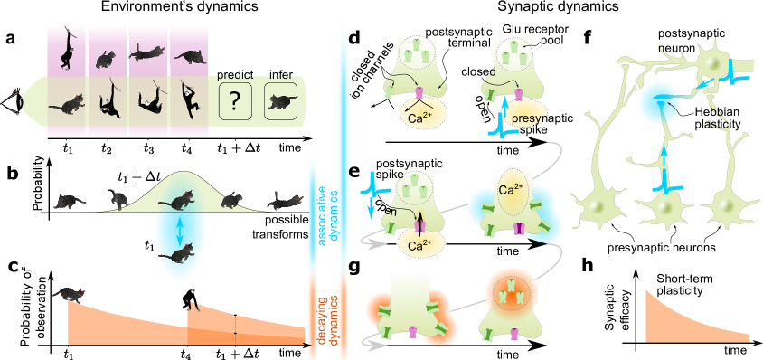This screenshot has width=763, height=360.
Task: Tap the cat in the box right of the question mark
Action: (x=281, y=101)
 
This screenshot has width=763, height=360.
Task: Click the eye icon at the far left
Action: (x=12, y=105)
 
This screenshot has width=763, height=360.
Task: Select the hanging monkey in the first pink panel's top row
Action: (x=66, y=53)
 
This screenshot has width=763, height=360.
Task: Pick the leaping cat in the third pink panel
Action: (x=147, y=54)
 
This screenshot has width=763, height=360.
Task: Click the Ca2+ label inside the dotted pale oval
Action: (x=508, y=191)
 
